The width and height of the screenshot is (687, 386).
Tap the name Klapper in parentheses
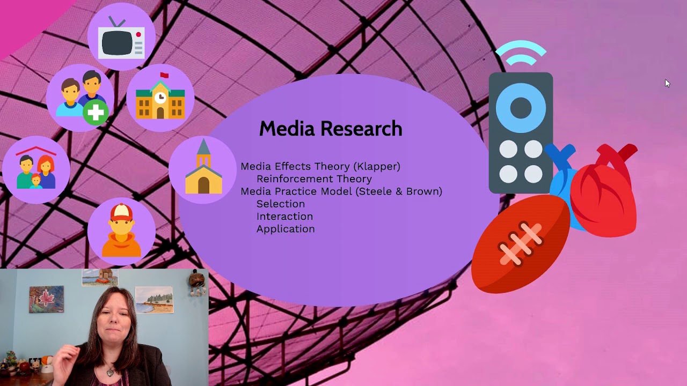point(378,166)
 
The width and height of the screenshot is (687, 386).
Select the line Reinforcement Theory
point(314,179)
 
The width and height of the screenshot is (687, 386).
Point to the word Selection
point(281,204)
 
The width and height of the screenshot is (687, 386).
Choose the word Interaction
point(284,216)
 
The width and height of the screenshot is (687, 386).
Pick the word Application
point(286,229)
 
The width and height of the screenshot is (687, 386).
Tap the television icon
point(122,41)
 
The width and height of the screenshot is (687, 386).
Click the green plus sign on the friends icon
point(96,113)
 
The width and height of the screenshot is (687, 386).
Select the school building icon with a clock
point(160,98)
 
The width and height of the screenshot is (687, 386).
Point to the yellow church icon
point(203,169)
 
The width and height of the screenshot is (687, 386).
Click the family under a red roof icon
point(36,169)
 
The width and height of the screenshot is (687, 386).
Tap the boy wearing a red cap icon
point(121,231)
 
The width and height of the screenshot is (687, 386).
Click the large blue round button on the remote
point(521,108)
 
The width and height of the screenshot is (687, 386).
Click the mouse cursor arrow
point(667,83)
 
